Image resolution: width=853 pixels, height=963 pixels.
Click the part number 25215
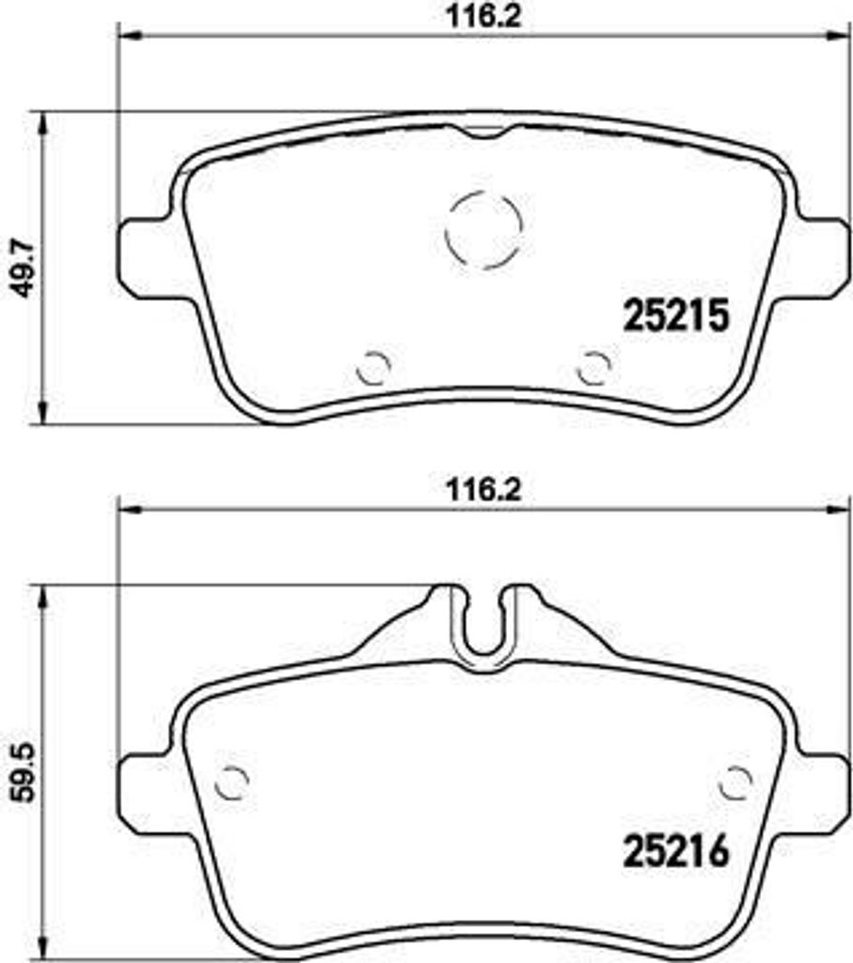675,317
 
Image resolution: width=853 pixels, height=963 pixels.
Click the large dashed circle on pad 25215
482,229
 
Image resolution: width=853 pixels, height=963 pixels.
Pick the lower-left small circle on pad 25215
372,367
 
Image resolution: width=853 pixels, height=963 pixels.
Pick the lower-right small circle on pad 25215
593,367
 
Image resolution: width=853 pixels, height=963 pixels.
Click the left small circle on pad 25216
231,780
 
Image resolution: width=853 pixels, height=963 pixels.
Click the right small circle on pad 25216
735,780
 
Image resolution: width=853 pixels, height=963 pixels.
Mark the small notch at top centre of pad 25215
482,131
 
